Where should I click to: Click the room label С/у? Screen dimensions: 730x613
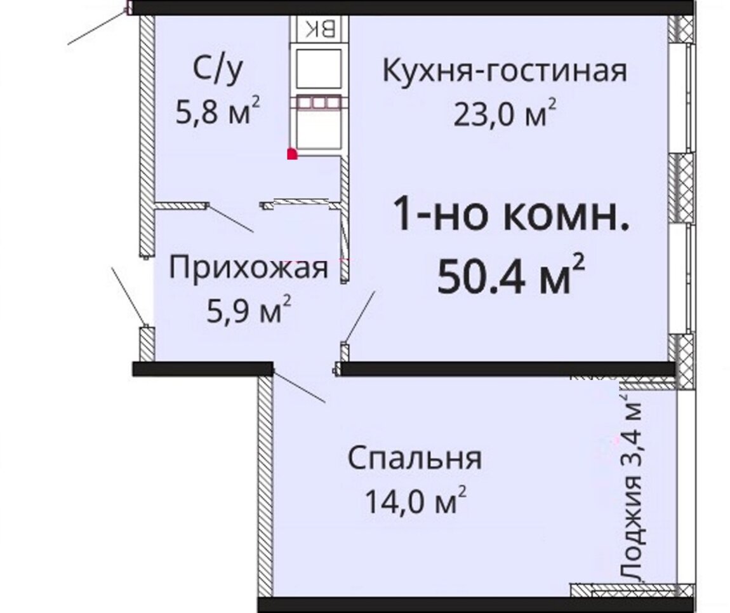pos(218,71)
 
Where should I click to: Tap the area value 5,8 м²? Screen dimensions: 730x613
pos(218,111)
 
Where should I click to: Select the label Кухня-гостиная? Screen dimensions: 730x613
pos(505,71)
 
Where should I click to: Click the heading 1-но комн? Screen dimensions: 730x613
pos(511,215)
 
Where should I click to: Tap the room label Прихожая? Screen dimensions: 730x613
pos(249,269)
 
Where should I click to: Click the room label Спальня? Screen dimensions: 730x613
pos(415,459)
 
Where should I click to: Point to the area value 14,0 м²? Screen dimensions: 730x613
pos(415,501)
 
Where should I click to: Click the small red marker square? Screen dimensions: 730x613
pos(292,154)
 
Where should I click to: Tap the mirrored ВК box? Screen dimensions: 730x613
pos(320,29)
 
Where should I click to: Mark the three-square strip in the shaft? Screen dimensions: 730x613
pos(319,102)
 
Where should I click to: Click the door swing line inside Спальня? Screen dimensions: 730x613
pos(298,386)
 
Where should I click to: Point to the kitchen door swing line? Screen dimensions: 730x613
pos(359,318)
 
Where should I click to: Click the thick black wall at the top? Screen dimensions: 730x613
pos(410,8)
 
